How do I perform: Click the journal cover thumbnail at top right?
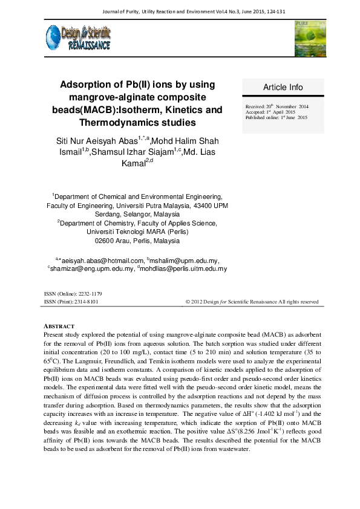(x=309, y=38)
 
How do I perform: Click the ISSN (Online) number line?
(x=73, y=293)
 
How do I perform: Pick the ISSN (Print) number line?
(x=71, y=301)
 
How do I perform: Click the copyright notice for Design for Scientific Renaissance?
(x=252, y=301)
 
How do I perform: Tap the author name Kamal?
(x=133, y=163)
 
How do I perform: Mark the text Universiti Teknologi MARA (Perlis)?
(x=138, y=232)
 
